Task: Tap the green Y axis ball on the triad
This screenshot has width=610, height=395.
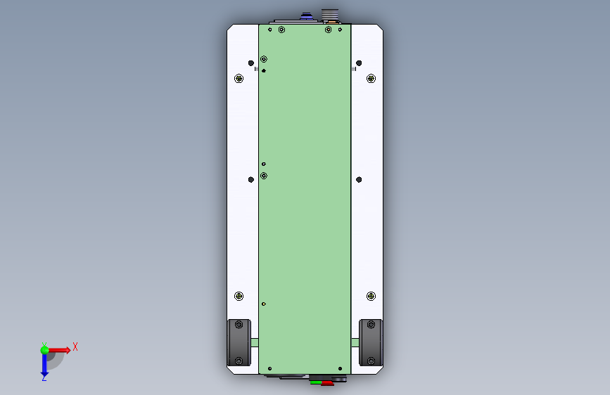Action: [x=44, y=349]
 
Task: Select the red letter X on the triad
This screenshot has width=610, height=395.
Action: [x=75, y=347]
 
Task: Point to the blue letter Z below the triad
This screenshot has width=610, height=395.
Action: [x=44, y=378]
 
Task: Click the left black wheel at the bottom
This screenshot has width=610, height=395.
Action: [x=239, y=343]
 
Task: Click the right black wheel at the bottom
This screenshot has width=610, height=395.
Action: [x=371, y=343]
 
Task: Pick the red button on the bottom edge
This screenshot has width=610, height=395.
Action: [x=326, y=382]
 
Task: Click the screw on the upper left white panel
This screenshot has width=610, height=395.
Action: [x=239, y=79]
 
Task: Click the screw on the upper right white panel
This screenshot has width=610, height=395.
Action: [x=371, y=79]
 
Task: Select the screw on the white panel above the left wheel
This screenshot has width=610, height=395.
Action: [x=239, y=296]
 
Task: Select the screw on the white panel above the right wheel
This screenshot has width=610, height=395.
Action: [x=371, y=296]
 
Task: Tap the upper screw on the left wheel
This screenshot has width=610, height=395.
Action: [x=239, y=325]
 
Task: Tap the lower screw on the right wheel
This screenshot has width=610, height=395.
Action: [x=371, y=361]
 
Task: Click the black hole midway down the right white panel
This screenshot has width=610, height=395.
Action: [x=359, y=180]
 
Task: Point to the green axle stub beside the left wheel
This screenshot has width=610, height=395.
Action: [x=254, y=343]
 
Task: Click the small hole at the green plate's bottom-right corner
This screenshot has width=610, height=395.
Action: [x=341, y=368]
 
